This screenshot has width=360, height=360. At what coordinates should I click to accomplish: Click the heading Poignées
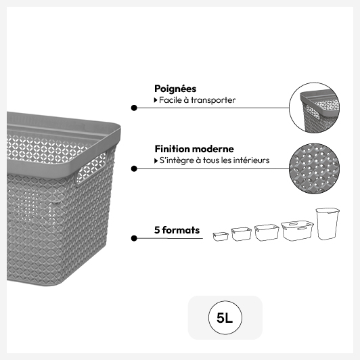(175, 89)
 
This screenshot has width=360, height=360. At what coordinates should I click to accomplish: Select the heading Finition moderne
(194, 149)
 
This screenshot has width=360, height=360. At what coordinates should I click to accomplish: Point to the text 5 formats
(177, 230)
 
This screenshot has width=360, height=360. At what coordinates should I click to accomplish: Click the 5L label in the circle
(225, 318)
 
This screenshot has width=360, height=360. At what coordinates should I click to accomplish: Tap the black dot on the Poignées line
(134, 108)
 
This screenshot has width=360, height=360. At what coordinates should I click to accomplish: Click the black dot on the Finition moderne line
(134, 168)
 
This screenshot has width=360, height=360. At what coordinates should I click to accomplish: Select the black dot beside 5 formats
(134, 238)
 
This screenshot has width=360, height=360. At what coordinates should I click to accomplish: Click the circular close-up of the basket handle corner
(314, 108)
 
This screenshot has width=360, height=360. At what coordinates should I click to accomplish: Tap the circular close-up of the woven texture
(314, 168)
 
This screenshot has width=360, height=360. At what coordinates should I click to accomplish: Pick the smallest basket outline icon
(221, 236)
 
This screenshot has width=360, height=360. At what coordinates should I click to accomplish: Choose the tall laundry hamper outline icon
(328, 224)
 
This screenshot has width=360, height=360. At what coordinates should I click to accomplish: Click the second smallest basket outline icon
(241, 234)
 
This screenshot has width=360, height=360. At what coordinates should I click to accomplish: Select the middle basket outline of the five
(267, 233)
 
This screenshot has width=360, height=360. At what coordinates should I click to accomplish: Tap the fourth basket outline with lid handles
(297, 231)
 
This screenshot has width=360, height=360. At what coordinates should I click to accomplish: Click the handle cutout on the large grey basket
(91, 168)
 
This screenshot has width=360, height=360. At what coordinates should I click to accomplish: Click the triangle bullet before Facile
(156, 100)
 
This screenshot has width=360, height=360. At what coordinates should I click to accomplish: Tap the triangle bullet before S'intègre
(156, 161)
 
